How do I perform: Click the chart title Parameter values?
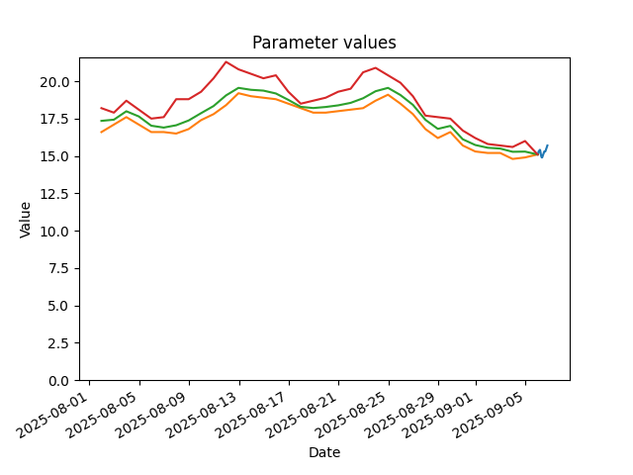pyautogui.click(x=324, y=43)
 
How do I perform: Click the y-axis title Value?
pyautogui.click(x=25, y=220)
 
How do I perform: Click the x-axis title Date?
pyautogui.click(x=324, y=452)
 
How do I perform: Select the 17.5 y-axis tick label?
pyautogui.click(x=55, y=119)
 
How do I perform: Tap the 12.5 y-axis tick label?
pyautogui.click(x=55, y=194)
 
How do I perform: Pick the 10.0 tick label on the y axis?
pyautogui.click(x=55, y=231)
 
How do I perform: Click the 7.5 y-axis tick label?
pyautogui.click(x=59, y=268)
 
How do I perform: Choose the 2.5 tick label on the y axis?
pyautogui.click(x=59, y=343)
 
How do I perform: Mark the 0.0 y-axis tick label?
pyautogui.click(x=59, y=381)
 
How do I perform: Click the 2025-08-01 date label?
pyautogui.click(x=52, y=416)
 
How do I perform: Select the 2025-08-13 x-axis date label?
pyautogui.click(x=203, y=416)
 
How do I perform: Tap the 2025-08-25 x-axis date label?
pyautogui.click(x=352, y=416)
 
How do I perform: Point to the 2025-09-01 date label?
pyautogui.click(x=439, y=416)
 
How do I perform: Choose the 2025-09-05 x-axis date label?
pyautogui.click(x=489, y=416)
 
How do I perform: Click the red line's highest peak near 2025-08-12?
pyautogui.click(x=226, y=61)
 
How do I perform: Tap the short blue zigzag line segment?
pyautogui.click(x=543, y=151)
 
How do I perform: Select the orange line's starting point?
pyautogui.click(x=101, y=132)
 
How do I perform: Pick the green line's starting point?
pyautogui.click(x=101, y=121)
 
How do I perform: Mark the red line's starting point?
pyautogui.click(x=101, y=108)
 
